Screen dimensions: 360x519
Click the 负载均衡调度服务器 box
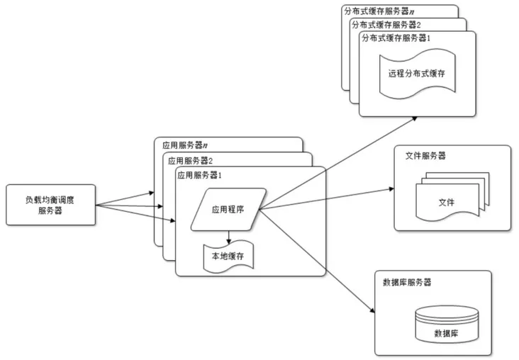49,205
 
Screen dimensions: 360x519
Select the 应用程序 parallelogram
228,209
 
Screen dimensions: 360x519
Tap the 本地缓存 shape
228,256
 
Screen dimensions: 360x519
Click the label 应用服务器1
201,174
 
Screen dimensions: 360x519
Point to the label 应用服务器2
188,159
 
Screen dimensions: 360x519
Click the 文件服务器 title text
426,156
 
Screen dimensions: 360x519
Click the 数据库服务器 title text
407,281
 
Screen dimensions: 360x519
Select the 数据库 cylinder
446,325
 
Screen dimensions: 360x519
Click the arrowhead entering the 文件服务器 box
391,189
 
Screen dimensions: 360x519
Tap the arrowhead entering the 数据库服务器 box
371,310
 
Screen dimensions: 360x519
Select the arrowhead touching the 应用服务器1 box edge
172,222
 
